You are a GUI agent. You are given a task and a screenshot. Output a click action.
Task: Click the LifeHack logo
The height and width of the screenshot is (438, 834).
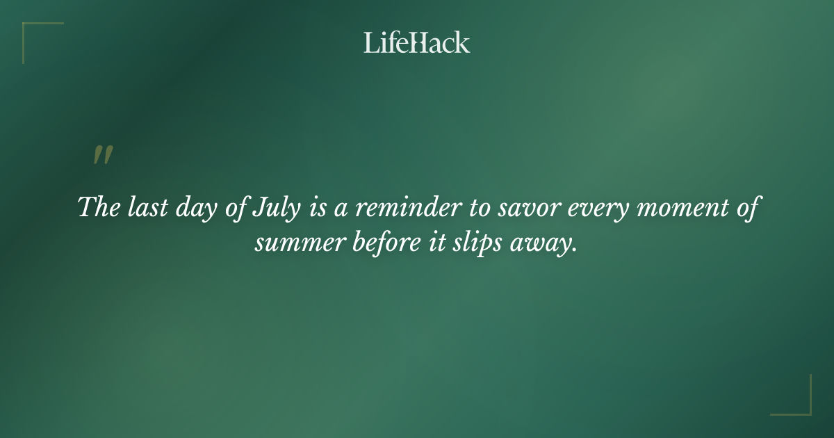[416, 42]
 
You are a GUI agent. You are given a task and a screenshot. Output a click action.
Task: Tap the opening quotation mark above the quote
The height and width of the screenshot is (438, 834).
[103, 156]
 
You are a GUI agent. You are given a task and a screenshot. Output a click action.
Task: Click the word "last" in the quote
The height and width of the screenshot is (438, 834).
[140, 208]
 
